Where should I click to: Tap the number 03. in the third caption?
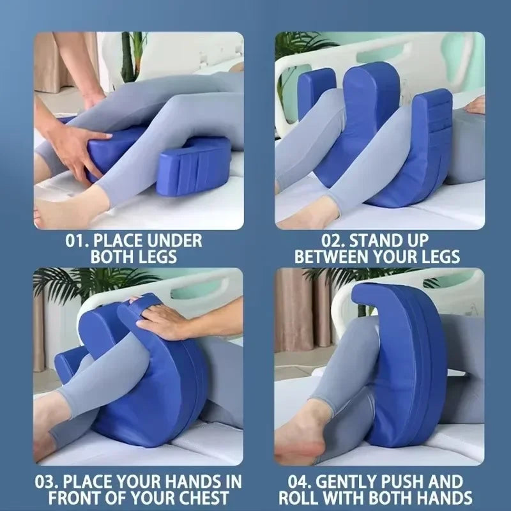pyautogui.click(x=49, y=480)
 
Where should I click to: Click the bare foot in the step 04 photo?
pyautogui.click(x=307, y=434)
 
